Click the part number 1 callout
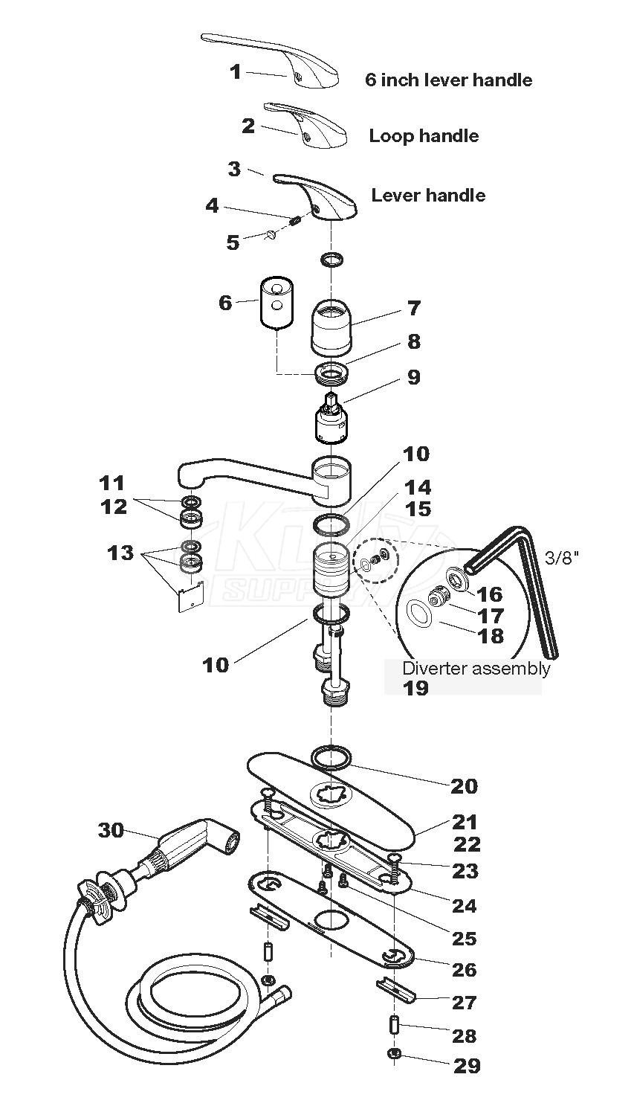coord(235,71)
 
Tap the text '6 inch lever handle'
coord(448,80)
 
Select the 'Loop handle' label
coord(424,136)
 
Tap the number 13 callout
coord(120,553)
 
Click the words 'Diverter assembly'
coord(476,668)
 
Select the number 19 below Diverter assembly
coord(416,688)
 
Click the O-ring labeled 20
coord(331,757)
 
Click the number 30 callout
coord(111,829)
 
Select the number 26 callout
coord(465,970)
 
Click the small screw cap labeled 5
coord(271,236)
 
